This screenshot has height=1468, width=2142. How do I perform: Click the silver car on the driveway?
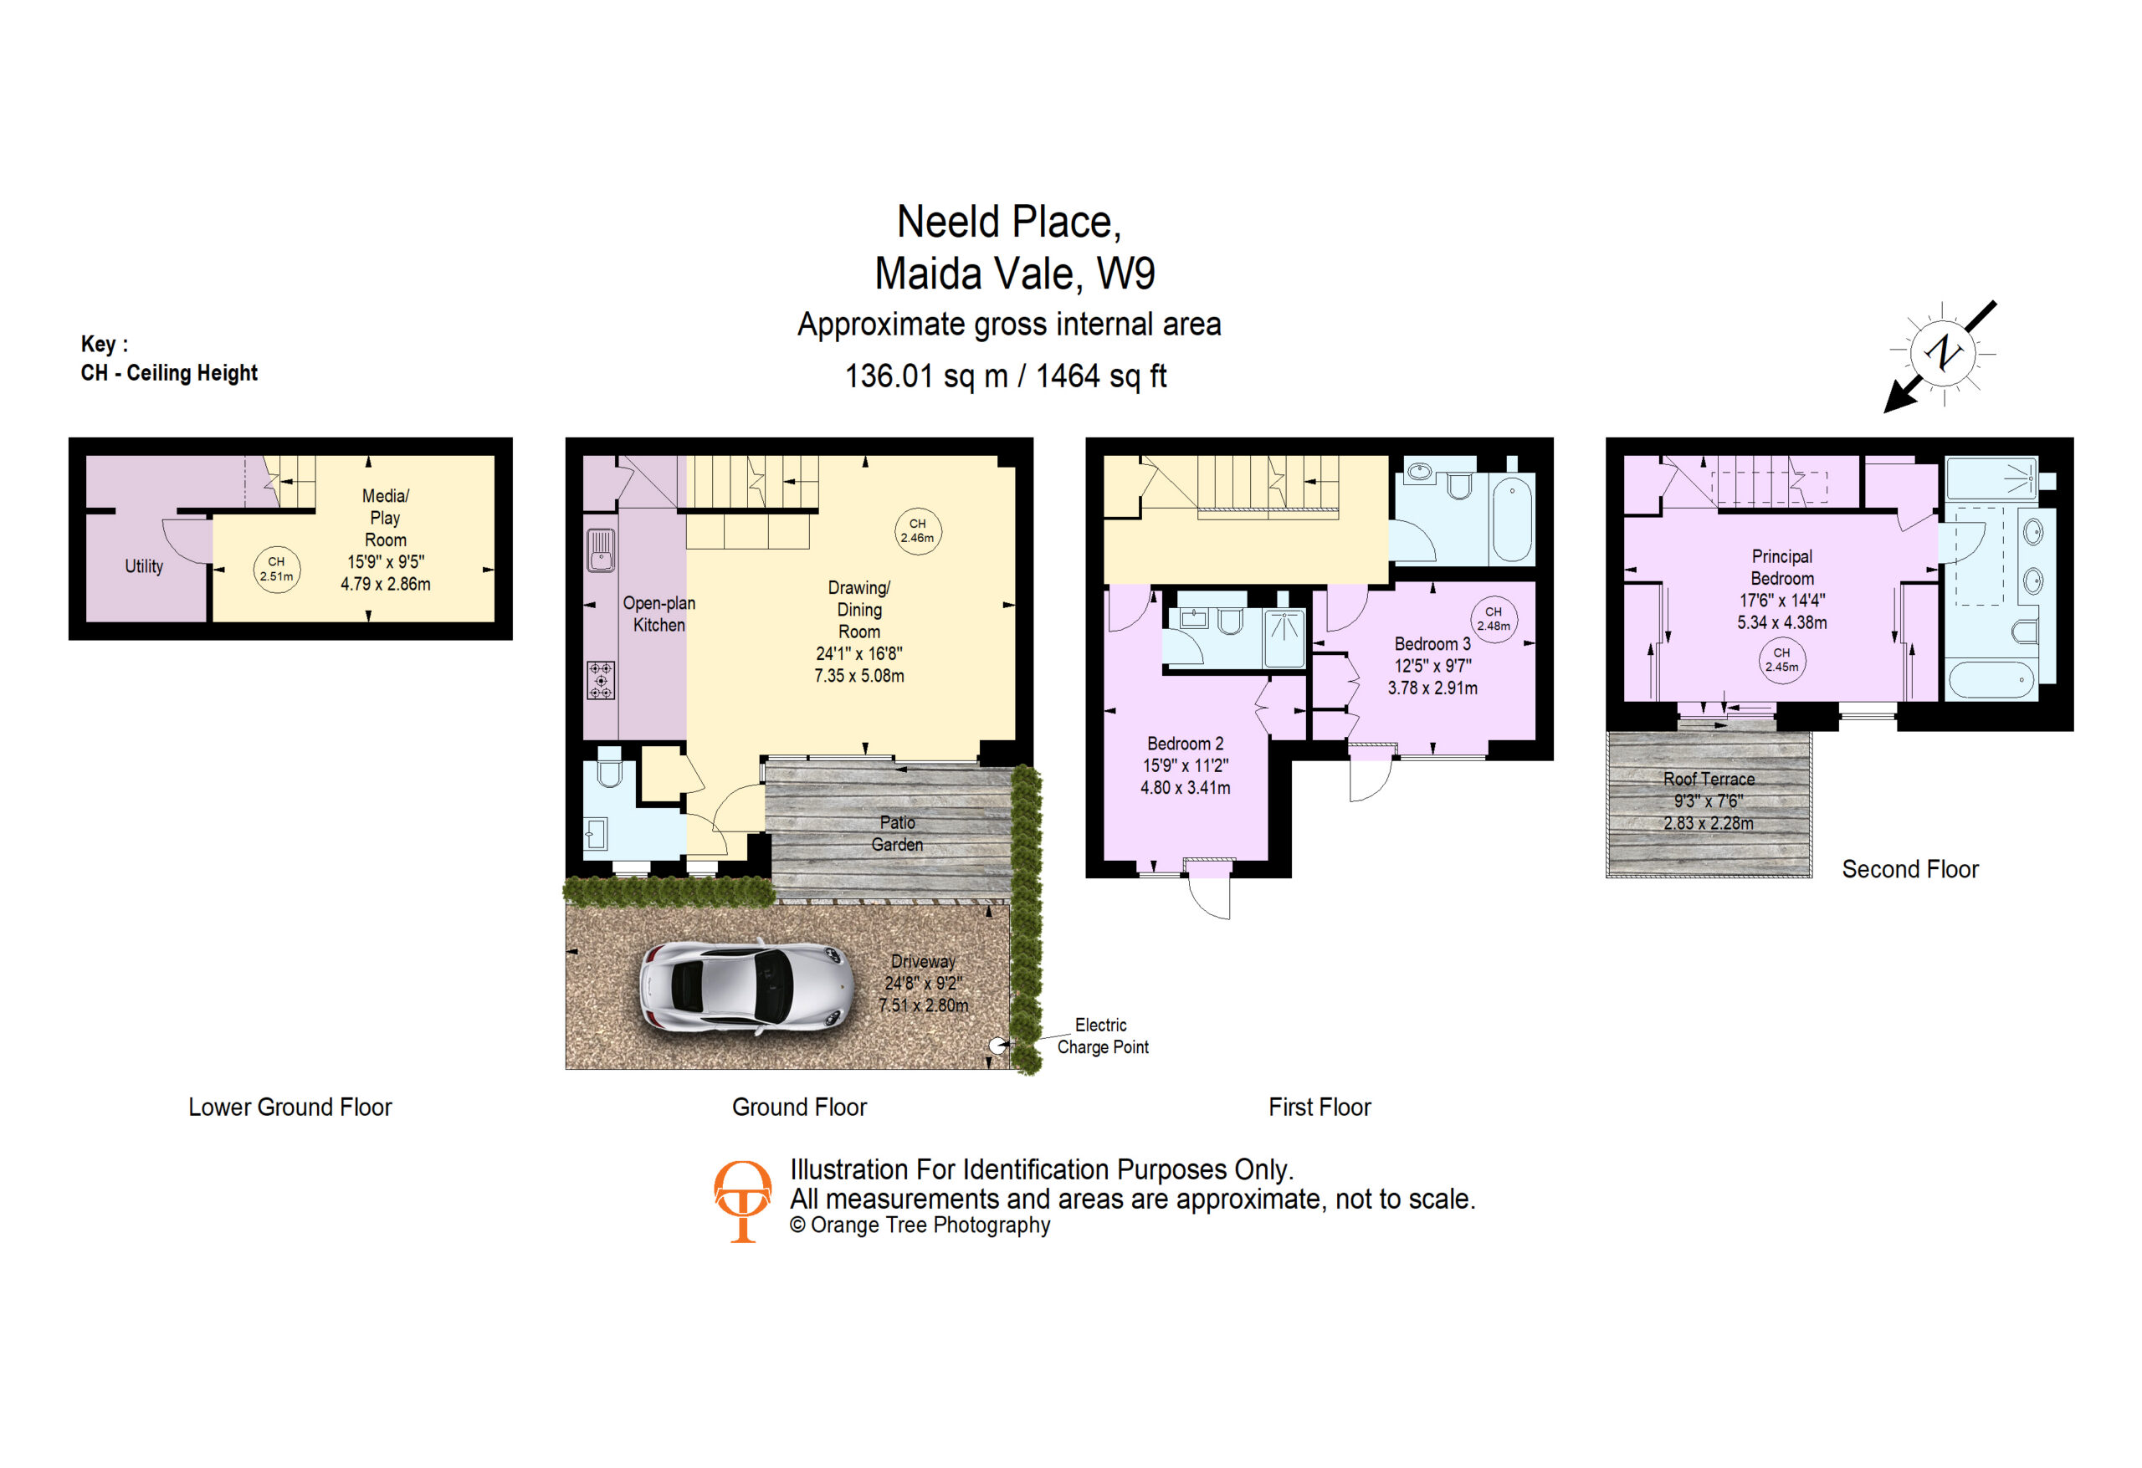coord(745,987)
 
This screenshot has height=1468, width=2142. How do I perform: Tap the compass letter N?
coord(1943,352)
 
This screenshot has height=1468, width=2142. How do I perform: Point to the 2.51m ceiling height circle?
coord(276,569)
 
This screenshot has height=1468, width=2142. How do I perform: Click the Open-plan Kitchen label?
coord(659,614)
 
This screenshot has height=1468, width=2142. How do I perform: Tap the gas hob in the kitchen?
coord(601,680)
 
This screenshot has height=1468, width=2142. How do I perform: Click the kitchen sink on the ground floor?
coord(601,550)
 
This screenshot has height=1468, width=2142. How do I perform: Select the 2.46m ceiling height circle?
coord(918,531)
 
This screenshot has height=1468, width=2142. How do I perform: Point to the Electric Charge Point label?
coord(1102,1036)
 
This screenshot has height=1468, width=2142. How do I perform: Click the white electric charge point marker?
coord(997,1046)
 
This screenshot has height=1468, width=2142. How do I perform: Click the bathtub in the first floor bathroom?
coord(1513,518)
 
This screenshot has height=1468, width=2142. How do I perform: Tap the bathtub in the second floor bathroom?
coord(1991,680)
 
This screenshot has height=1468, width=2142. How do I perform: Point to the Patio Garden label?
coord(897,833)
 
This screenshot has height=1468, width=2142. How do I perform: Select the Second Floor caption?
coord(1909,869)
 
